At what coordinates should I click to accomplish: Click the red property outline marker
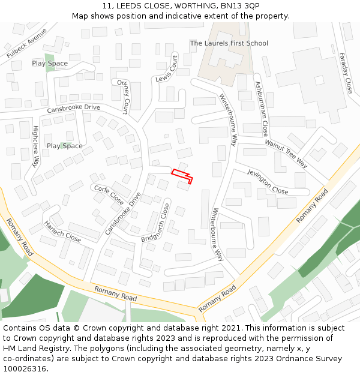[x=182, y=175]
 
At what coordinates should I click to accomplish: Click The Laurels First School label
[x=229, y=43]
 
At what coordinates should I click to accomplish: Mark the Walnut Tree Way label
[x=286, y=154]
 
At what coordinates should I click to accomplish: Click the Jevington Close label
[x=268, y=181]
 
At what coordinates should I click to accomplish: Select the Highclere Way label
[x=35, y=146]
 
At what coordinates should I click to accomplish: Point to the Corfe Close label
[x=109, y=195]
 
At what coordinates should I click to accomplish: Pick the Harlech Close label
[x=62, y=232]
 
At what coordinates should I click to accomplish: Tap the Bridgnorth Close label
[x=157, y=223]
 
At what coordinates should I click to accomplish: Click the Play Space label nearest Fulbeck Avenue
[x=50, y=63]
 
